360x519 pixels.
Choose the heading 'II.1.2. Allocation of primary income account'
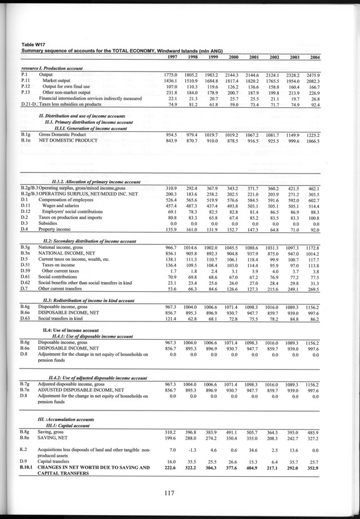point(97,181)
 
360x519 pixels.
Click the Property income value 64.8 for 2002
point(271,230)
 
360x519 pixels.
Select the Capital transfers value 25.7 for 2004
point(311,461)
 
